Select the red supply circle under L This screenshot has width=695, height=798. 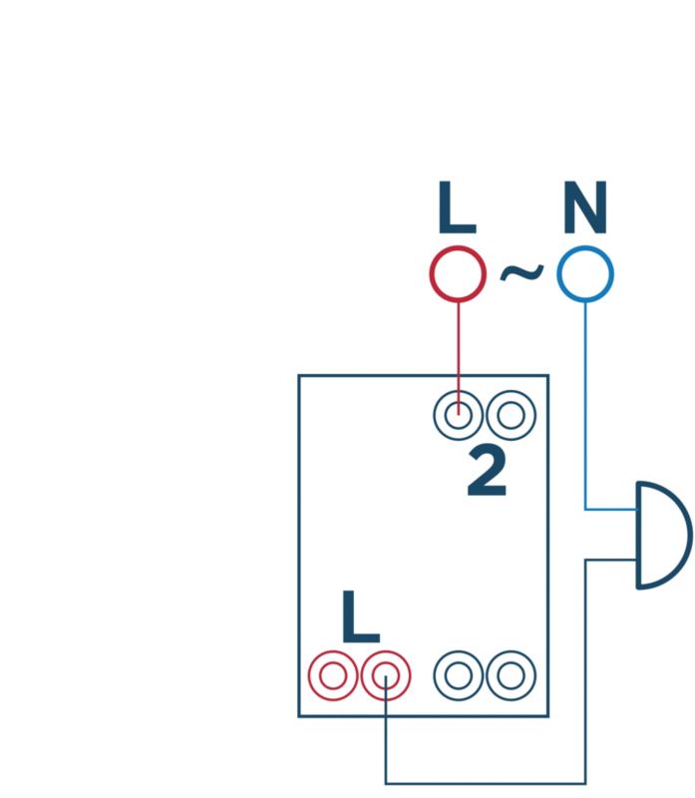click(458, 273)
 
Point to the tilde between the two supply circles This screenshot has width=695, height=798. click(521, 271)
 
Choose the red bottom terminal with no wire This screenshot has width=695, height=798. click(332, 676)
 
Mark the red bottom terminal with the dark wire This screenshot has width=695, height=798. click(385, 676)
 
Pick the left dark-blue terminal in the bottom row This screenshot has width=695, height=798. click(458, 676)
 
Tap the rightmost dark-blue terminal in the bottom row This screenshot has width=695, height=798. click(511, 676)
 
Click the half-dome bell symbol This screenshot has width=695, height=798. click(660, 536)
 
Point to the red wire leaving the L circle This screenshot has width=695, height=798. click(458, 344)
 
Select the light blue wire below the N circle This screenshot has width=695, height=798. click(585, 399)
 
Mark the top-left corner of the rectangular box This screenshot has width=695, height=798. click(299, 376)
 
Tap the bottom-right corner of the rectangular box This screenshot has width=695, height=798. click(548, 715)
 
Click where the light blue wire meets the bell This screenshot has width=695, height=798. click(637, 510)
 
